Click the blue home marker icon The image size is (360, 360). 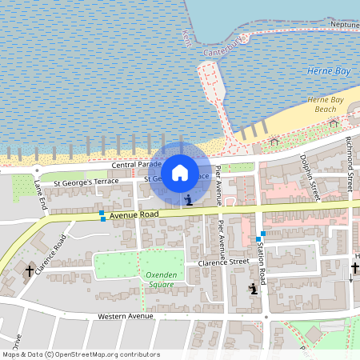pos(180,172)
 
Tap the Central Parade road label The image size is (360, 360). pos(133,164)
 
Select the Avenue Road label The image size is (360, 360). pos(134,214)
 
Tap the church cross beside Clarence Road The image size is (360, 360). pos(30,271)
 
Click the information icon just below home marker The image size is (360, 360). pos(188,200)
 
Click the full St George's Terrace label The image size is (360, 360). pos(86,182)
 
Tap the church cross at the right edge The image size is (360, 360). pos(354,269)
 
